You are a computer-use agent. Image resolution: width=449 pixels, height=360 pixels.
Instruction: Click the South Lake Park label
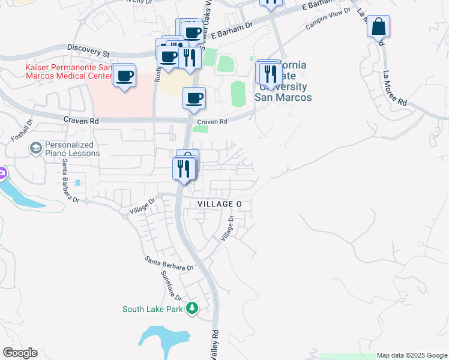[152, 310]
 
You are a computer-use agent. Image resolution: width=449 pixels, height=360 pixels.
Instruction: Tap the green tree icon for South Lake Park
[191, 309]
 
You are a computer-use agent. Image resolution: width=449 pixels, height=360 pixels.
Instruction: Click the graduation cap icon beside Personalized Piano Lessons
[36, 148]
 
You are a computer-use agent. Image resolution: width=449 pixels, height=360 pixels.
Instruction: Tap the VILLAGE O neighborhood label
[220, 205]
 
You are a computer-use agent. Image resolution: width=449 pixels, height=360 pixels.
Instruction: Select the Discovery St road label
[89, 49]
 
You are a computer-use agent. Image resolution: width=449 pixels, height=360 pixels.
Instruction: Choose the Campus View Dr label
[327, 23]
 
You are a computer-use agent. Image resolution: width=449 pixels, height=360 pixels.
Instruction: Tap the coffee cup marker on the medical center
[124, 76]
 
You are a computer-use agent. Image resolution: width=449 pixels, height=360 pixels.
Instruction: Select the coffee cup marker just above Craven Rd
[194, 98]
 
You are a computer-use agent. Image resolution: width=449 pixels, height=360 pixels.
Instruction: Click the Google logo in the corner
[20, 353]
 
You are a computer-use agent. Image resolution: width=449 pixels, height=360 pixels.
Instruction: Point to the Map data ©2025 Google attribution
[411, 355]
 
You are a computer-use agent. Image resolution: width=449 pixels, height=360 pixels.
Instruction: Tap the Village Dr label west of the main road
[142, 206]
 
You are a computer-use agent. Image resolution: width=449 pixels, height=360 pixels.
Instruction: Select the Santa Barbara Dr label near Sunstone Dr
[169, 263]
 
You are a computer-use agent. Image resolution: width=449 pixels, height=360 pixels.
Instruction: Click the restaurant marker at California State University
[271, 73]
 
